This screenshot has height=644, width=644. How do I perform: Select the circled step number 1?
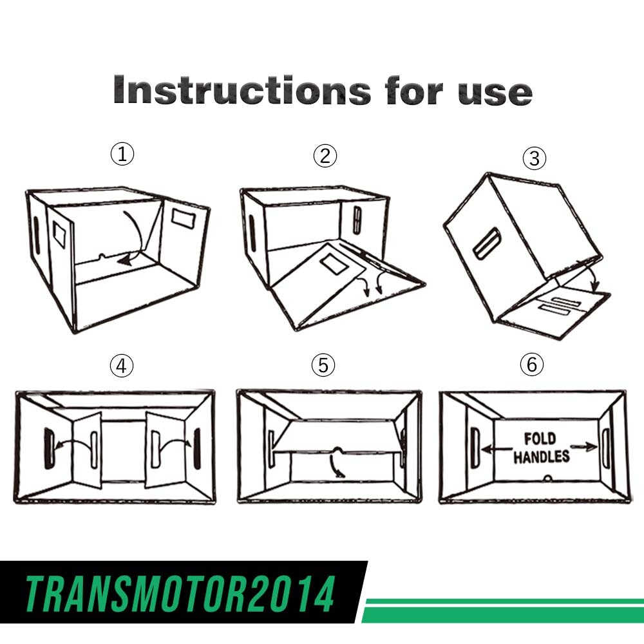[122, 155]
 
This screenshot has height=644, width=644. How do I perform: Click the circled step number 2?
[325, 156]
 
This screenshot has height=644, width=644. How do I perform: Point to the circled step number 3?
[535, 158]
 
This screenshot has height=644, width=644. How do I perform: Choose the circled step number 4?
[122, 365]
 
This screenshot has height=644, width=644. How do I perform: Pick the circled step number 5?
[323, 365]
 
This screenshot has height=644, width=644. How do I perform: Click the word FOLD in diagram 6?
[540, 439]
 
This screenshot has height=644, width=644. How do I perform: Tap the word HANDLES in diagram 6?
[542, 457]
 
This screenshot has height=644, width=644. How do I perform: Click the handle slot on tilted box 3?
[487, 243]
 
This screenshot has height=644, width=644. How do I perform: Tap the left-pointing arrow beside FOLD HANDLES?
[497, 450]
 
